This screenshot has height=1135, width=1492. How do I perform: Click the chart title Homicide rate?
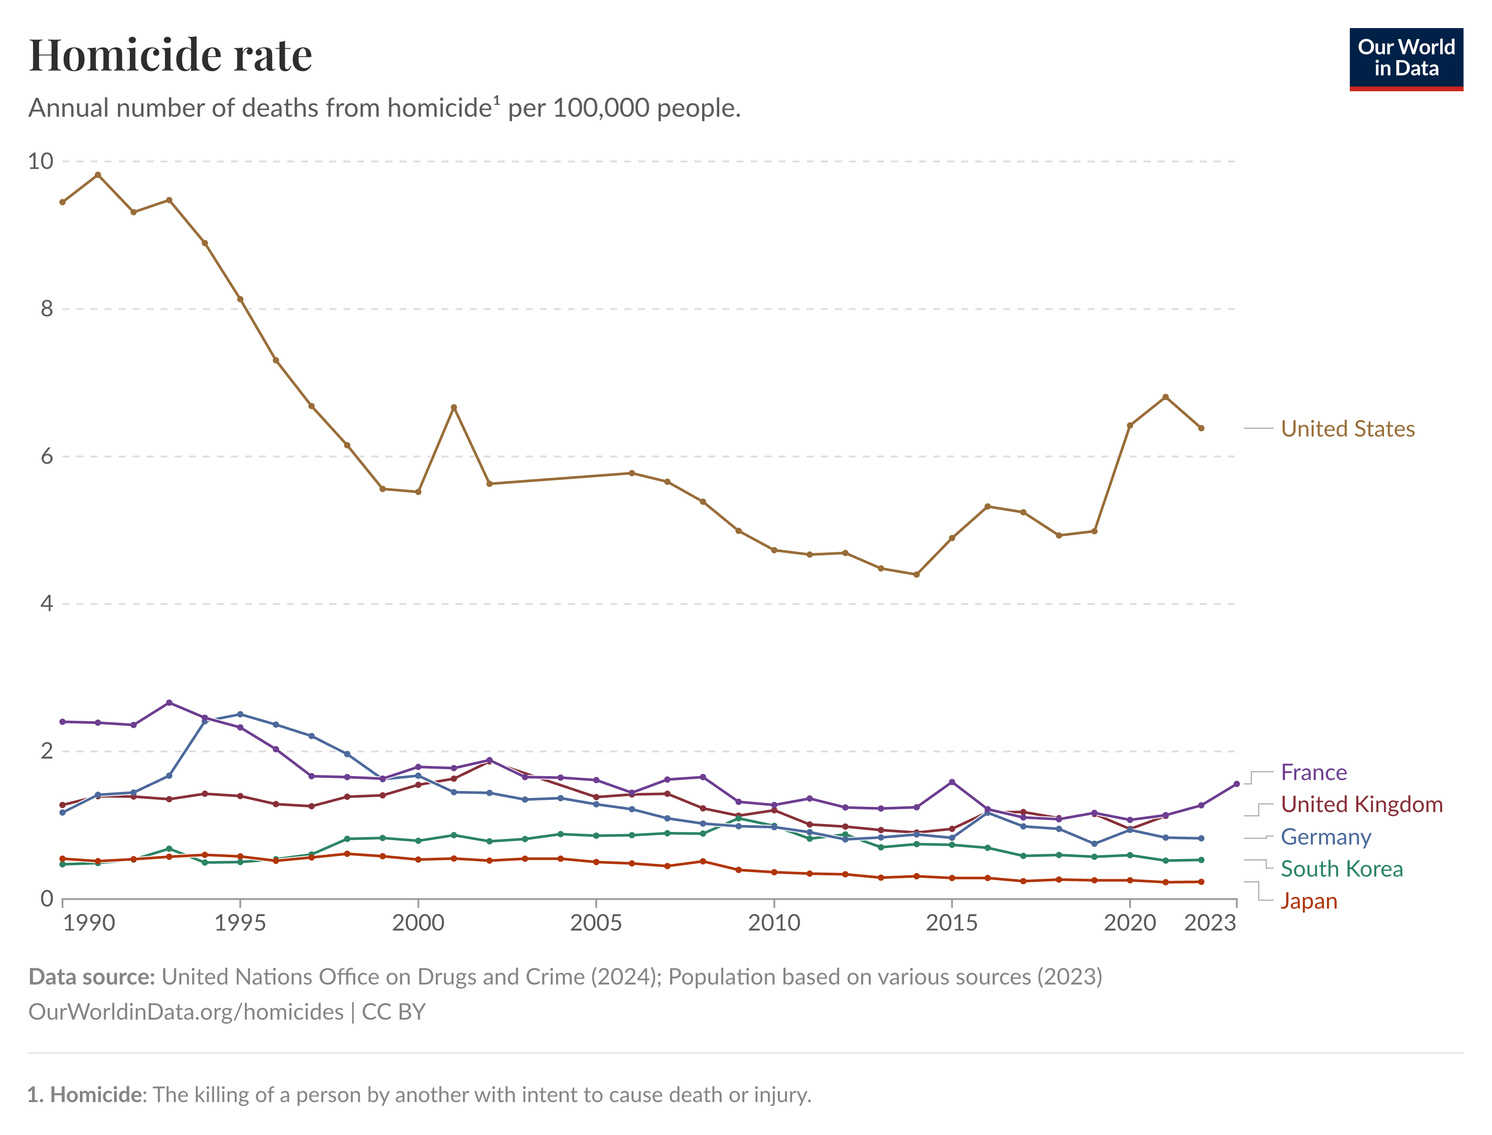[170, 55]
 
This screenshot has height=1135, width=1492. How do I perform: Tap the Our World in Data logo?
[1406, 59]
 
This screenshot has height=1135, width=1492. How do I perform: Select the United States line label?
[1347, 429]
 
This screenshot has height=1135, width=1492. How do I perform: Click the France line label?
[1313, 772]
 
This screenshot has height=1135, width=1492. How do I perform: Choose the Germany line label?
[1325, 837]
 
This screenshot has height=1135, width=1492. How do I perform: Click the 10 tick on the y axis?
[40, 161]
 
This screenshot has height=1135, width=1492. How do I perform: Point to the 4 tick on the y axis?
[46, 603]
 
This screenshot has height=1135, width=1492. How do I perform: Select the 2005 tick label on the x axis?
[595, 923]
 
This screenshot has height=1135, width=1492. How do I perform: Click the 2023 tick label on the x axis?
[1209, 923]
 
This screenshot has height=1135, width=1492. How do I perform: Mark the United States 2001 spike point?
[453, 408]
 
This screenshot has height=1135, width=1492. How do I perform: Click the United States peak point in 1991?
[98, 175]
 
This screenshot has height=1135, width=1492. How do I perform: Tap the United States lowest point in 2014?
[916, 575]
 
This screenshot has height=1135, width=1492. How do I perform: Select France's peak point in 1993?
[169, 702]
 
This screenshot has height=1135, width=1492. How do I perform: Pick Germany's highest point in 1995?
[240, 714]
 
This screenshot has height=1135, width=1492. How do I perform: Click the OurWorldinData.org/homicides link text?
[186, 1012]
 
